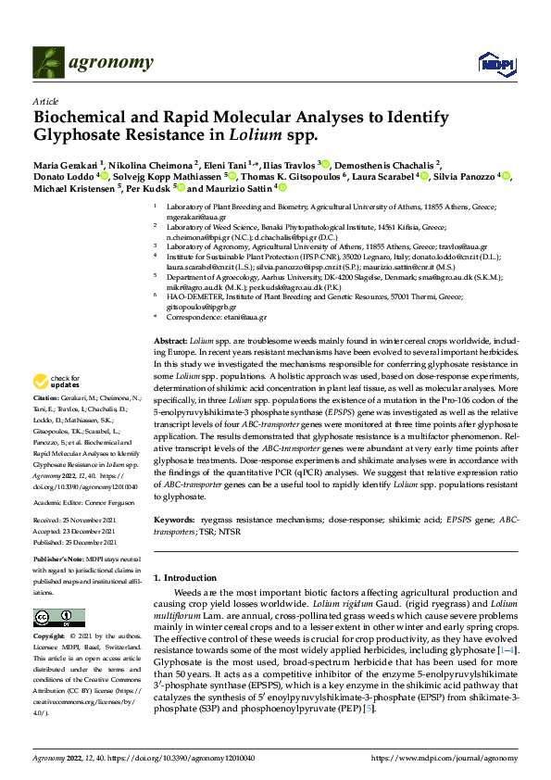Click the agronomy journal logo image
48,62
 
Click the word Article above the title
45,101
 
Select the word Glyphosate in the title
86,136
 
